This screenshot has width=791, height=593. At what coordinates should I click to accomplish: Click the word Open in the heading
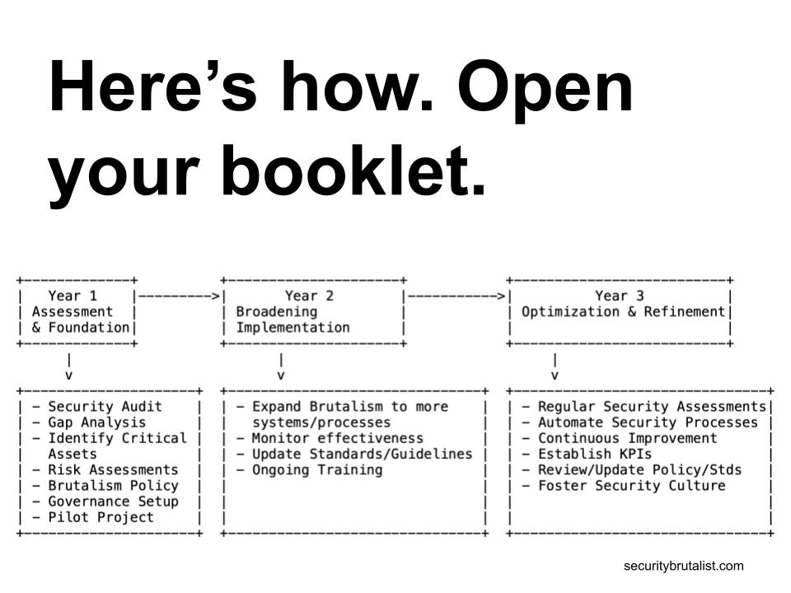[545, 88]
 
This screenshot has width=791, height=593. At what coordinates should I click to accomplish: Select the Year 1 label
[73, 296]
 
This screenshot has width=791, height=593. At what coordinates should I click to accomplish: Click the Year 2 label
[309, 296]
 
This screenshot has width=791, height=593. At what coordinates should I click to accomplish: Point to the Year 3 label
[620, 296]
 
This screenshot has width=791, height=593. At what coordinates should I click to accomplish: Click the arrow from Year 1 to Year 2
[179, 296]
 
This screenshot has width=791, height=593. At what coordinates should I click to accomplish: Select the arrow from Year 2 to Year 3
[456, 296]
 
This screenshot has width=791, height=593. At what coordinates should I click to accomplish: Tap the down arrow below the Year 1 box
[69, 367]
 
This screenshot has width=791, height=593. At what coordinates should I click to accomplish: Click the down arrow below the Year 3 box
[555, 367]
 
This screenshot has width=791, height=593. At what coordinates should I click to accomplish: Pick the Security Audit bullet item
[105, 406]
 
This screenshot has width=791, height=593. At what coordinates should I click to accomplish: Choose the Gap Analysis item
[97, 423]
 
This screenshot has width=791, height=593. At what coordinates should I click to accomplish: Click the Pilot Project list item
[101, 517]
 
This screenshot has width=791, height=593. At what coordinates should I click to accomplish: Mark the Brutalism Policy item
[113, 486]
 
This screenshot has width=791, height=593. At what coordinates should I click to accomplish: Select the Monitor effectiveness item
[338, 438]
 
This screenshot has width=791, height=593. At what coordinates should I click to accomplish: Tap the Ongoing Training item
[317, 470]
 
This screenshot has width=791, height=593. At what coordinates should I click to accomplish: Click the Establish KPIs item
[595, 454]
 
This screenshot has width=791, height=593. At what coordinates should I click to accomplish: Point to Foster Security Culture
[632, 486]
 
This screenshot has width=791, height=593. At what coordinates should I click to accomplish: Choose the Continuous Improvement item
[628, 438]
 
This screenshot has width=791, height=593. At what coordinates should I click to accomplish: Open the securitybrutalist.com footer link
[684, 567]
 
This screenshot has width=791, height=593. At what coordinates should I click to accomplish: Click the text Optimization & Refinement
[623, 311]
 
